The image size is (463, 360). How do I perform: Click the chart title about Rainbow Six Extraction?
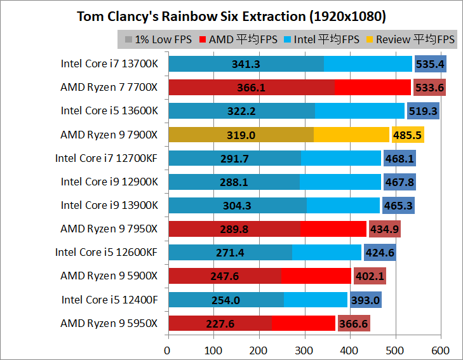click(x=231, y=16)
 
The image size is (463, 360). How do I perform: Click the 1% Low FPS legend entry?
click(x=159, y=39)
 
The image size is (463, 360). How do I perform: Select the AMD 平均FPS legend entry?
click(x=239, y=39)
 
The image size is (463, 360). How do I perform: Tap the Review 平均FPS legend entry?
click(x=411, y=39)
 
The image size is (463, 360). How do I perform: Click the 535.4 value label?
click(x=430, y=63)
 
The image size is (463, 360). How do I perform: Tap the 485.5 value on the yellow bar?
click(x=408, y=135)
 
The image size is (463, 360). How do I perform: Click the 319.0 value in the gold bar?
click(x=241, y=135)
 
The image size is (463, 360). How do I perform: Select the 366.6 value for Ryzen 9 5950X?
click(x=354, y=324)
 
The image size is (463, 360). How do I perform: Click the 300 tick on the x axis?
click(x=305, y=350)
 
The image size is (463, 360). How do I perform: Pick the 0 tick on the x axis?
click(x=168, y=350)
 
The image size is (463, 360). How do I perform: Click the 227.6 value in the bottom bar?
click(x=220, y=324)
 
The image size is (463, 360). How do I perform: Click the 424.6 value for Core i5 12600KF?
click(x=380, y=253)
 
